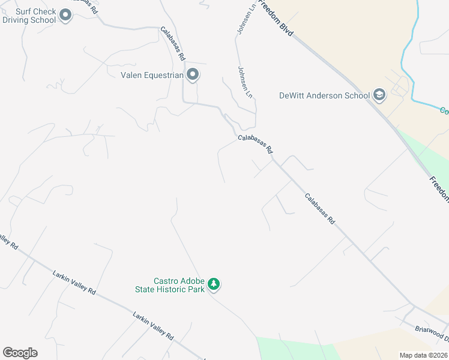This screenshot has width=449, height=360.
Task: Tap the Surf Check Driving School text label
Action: click(x=29, y=16)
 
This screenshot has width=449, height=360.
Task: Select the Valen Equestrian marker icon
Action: click(x=193, y=75)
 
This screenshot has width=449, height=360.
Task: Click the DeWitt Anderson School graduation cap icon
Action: click(x=379, y=95)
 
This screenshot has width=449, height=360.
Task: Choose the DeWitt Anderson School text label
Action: click(x=324, y=95)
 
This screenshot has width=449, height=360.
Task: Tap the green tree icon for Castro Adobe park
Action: click(x=214, y=284)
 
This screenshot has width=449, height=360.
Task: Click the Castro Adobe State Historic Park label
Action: click(x=179, y=284)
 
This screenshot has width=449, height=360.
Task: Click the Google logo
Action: click(x=20, y=353)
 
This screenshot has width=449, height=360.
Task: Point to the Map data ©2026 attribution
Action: click(x=423, y=355)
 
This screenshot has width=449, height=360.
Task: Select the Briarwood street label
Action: click(x=431, y=332)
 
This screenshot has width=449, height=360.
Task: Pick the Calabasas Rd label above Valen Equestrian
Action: click(x=172, y=43)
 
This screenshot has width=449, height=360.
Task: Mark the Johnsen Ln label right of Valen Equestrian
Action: click(x=246, y=82)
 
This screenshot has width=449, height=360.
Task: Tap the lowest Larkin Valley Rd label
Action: click(x=153, y=326)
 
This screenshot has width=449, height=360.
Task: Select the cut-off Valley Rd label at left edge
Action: click(x=8, y=241)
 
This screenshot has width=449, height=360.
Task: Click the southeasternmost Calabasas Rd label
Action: click(x=319, y=208)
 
